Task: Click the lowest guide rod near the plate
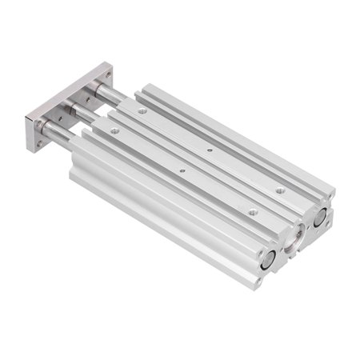click(x=62, y=131)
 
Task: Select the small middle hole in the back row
click(x=210, y=150)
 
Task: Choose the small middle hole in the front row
click(x=182, y=170)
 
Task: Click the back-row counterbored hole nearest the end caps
click(x=280, y=190)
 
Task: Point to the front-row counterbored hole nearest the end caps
click(x=253, y=211)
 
